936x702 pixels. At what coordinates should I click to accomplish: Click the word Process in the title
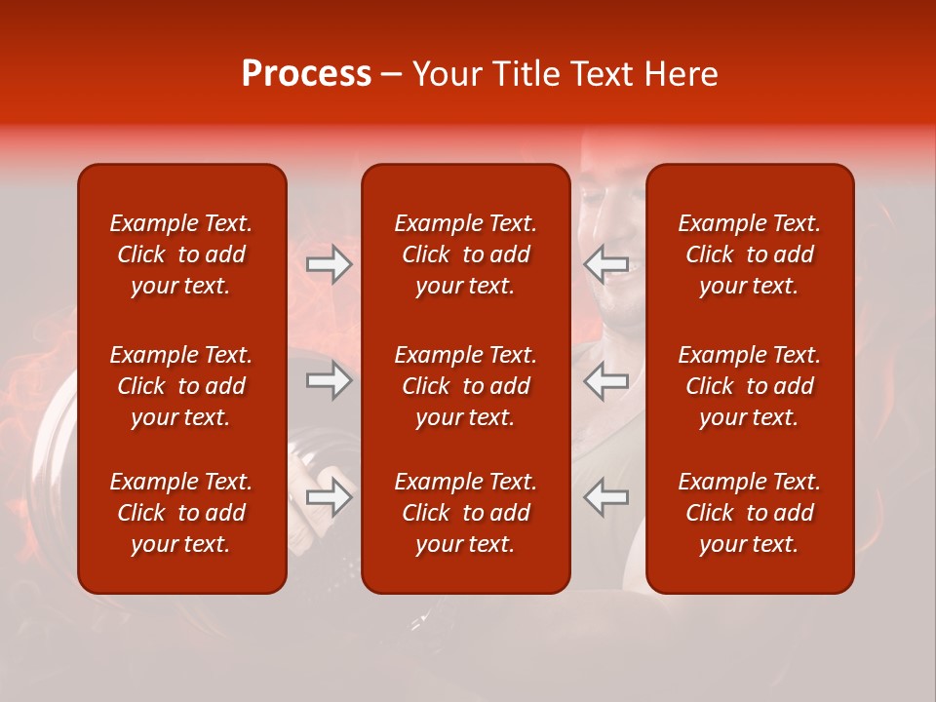click(306, 74)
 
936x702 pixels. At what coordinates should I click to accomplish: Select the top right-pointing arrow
click(330, 264)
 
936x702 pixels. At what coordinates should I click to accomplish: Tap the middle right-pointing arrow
click(330, 380)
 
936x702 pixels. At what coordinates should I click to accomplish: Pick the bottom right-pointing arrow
click(330, 497)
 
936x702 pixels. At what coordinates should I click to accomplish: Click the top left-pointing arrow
click(605, 264)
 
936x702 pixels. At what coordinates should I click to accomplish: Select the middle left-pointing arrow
click(605, 380)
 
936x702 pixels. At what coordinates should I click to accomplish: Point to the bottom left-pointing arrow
click(605, 497)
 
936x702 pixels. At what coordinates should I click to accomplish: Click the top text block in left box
click(181, 254)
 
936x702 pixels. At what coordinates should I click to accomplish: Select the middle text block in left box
click(181, 386)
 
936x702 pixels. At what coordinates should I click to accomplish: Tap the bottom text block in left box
click(181, 513)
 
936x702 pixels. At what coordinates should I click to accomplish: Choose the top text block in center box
click(466, 254)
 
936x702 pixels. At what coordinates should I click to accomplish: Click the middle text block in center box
click(466, 386)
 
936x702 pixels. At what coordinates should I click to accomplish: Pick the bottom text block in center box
click(466, 513)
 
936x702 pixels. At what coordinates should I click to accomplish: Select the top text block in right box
click(750, 254)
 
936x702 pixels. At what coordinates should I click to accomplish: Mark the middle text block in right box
click(750, 386)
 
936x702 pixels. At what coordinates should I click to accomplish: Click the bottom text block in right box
click(750, 513)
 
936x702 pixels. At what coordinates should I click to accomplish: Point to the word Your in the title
click(446, 74)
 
